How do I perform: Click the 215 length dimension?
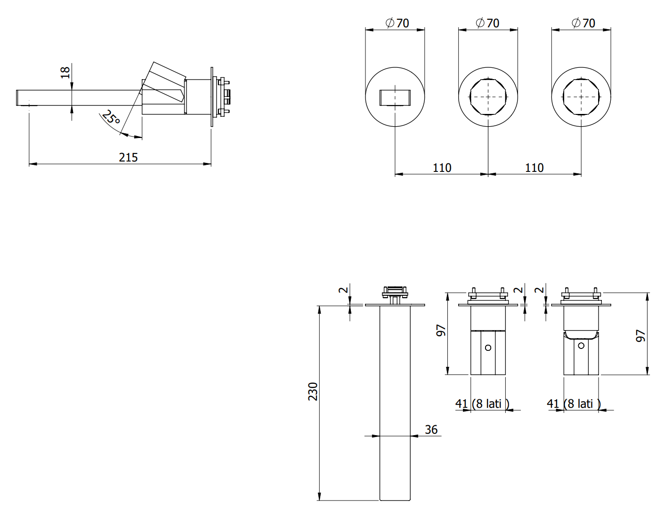coord(128,157)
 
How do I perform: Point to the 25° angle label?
coord(112,117)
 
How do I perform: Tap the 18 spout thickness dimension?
coord(65,72)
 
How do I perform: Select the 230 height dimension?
coord(313,391)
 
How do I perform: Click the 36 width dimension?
coord(431,429)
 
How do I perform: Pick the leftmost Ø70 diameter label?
coord(397,23)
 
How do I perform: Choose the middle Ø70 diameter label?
coord(487,23)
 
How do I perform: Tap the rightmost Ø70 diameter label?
coord(583,23)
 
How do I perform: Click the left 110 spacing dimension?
coord(442,168)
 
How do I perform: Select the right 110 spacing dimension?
coord(534,168)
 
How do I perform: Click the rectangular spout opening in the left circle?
coord(395,97)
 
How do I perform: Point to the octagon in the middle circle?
coord(488,97)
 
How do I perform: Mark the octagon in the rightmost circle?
coord(581,97)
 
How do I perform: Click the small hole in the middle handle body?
coord(488,348)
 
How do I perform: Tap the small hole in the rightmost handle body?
coord(581,346)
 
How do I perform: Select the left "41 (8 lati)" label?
coord(482,404)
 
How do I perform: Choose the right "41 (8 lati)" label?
coord(574,404)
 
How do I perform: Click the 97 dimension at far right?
coord(640,335)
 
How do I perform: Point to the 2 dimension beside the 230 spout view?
coord(344,290)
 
